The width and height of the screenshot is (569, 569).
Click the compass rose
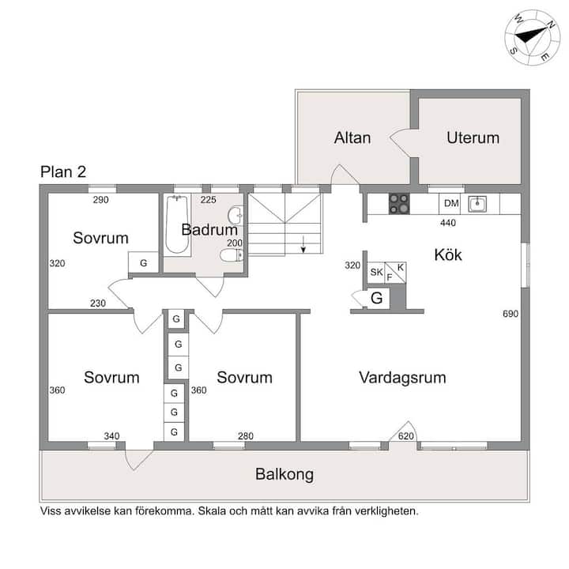pyautogui.click(x=533, y=38)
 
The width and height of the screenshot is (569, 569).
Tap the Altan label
pyautogui.click(x=352, y=138)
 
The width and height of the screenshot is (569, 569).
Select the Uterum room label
pyautogui.click(x=473, y=138)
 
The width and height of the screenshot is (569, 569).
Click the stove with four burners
pyautogui.click(x=399, y=203)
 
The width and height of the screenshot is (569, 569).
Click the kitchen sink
pyautogui.click(x=477, y=204)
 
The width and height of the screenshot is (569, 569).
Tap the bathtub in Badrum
pyautogui.click(x=177, y=224)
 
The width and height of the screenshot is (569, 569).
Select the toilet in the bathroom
pyautogui.click(x=232, y=254)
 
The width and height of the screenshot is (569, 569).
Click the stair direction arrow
pyautogui.click(x=303, y=244)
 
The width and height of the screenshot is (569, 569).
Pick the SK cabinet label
pyautogui.click(x=376, y=272)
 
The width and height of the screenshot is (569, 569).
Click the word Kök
pyautogui.click(x=448, y=254)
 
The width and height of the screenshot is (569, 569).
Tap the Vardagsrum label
pyautogui.click(x=402, y=378)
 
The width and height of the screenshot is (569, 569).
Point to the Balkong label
pyautogui.click(x=284, y=474)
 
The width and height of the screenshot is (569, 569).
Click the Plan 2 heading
pyautogui.click(x=63, y=172)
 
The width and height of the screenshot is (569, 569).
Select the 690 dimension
pyautogui.click(x=511, y=314)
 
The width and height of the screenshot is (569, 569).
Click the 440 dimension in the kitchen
pyautogui.click(x=448, y=223)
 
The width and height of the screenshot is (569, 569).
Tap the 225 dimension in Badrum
pyautogui.click(x=209, y=200)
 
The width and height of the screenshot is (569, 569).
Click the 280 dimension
pyautogui.click(x=246, y=436)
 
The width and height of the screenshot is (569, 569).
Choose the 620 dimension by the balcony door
pyautogui.click(x=405, y=436)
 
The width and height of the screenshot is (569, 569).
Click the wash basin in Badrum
pyautogui.click(x=236, y=215)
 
